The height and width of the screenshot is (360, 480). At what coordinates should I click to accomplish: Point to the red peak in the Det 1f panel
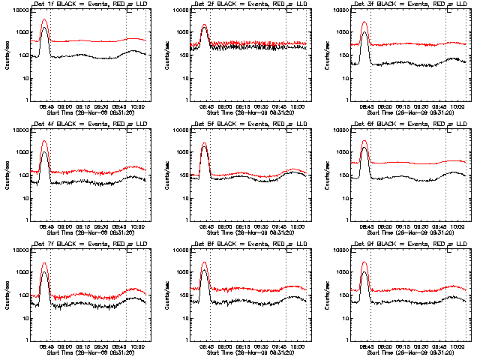click(x=44, y=20)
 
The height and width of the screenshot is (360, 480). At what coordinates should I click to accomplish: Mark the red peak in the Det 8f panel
click(x=204, y=262)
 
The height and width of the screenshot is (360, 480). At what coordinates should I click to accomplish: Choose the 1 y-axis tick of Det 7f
click(x=27, y=340)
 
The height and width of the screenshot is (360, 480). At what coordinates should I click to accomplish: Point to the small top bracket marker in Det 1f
click(x=130, y=10)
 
